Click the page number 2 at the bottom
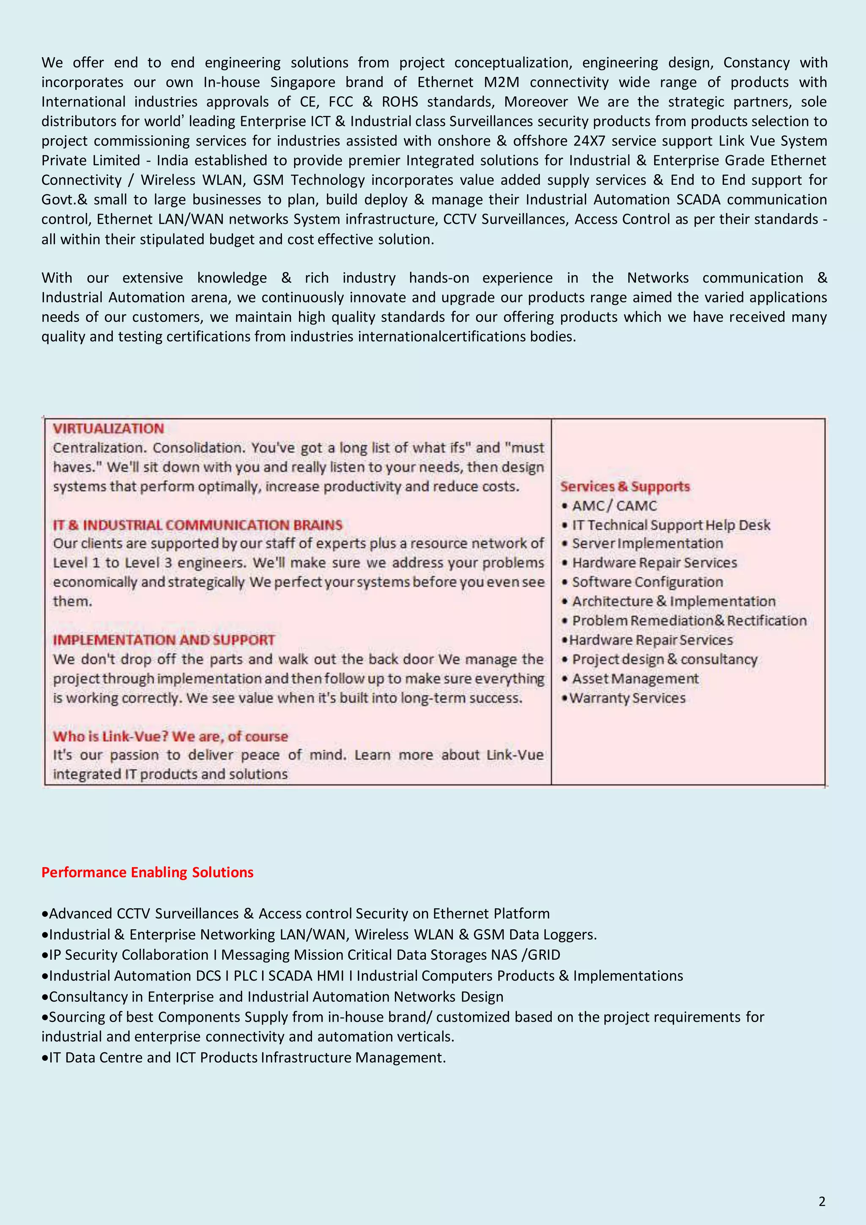pyautogui.click(x=822, y=1201)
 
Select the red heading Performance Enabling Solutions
pyautogui.click(x=147, y=872)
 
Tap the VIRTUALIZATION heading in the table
pyautogui.click(x=108, y=428)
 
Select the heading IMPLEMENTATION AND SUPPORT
pyautogui.click(x=164, y=640)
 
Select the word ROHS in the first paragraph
pyautogui.click(x=400, y=102)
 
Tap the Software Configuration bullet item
pyautogui.click(x=647, y=582)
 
